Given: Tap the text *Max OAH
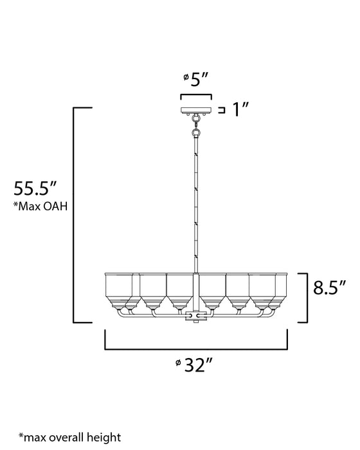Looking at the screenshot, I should tap(40, 206).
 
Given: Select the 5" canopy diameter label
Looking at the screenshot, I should tap(199, 79).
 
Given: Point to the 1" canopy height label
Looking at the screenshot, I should tap(240, 110).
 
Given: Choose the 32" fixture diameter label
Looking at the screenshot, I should tap(197, 366).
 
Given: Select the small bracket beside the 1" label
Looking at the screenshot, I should tap(222, 111).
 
